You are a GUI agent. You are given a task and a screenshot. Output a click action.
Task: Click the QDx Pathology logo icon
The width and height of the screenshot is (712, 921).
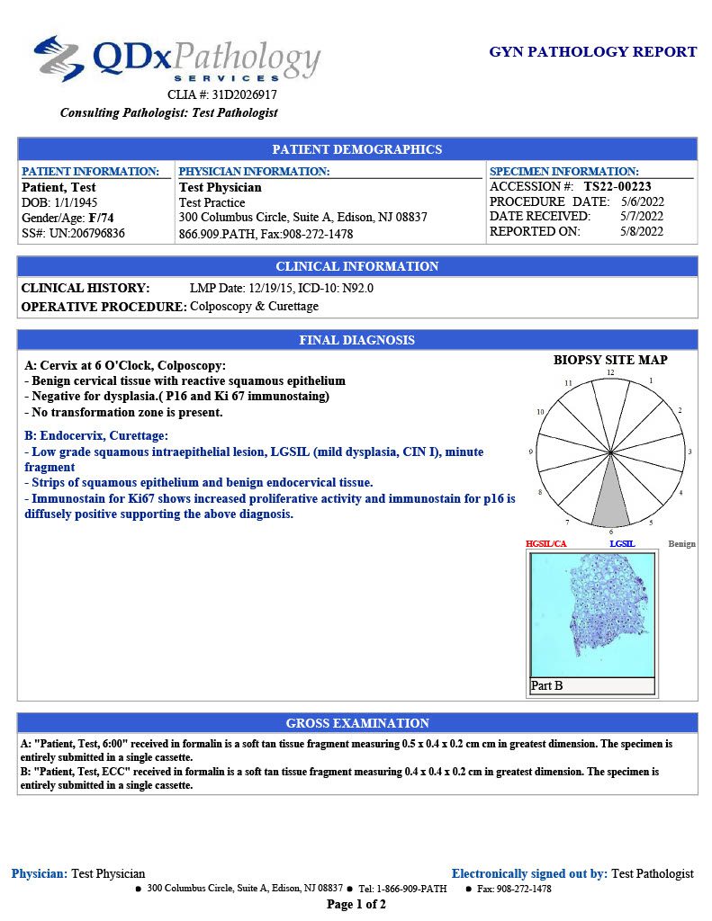[59, 58]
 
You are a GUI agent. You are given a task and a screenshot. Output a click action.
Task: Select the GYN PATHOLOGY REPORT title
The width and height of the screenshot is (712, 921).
[592, 52]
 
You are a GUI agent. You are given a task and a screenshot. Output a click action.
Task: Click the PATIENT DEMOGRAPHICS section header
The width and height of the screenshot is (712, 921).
[357, 149]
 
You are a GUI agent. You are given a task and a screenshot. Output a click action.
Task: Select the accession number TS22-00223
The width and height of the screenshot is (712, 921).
[617, 186]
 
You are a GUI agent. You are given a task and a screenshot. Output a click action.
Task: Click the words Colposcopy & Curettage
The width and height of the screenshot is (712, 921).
[255, 306]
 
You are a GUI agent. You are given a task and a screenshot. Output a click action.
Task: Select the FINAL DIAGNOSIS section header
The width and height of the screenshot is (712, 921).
[357, 340]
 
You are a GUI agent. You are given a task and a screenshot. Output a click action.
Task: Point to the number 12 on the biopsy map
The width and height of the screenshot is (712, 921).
[610, 372]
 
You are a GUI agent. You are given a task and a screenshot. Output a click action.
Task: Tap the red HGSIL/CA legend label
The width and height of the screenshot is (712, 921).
[546, 544]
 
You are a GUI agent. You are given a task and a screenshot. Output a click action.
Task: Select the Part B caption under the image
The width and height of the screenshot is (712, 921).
[547, 686]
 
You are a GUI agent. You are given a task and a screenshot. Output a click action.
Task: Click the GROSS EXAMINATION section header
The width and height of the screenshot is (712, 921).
[357, 723]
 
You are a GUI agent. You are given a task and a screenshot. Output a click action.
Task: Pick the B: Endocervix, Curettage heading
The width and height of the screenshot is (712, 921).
[96, 435]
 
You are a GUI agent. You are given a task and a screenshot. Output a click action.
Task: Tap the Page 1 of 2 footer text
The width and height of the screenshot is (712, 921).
[356, 905]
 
